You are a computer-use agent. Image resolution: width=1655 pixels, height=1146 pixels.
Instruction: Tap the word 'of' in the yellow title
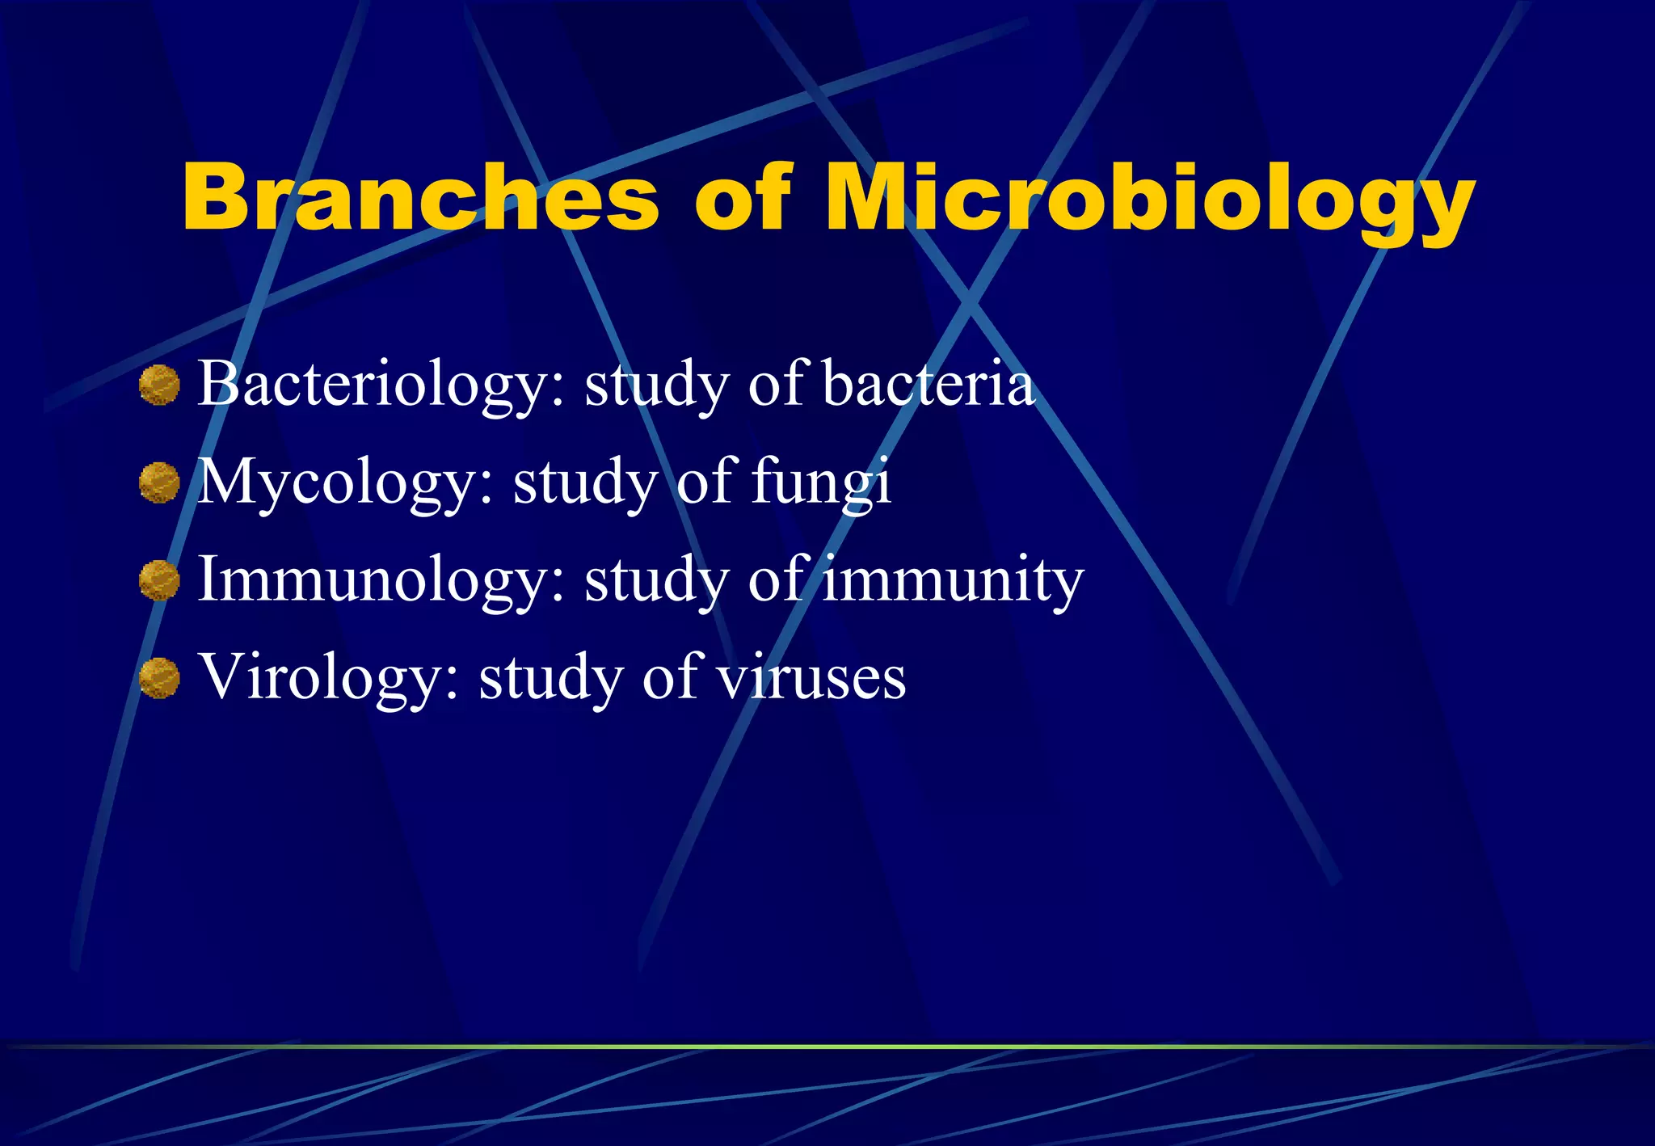click(x=741, y=196)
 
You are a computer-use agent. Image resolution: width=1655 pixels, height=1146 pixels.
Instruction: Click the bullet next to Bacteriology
click(x=159, y=385)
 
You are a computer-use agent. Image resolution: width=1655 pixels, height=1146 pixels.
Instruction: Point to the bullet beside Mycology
click(x=159, y=482)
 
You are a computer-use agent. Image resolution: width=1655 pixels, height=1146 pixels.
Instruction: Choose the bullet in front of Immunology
click(x=159, y=580)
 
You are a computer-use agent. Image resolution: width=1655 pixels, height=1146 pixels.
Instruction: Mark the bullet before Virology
click(x=159, y=678)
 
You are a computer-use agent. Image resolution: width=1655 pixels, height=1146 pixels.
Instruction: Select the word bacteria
click(x=929, y=385)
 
